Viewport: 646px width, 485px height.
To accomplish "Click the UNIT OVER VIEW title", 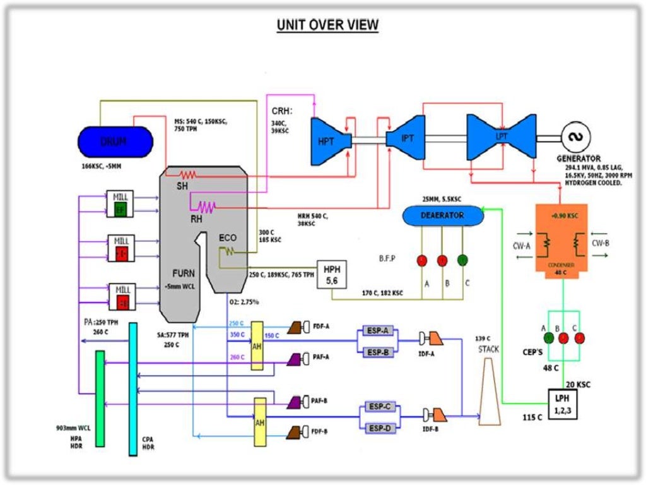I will [327, 25].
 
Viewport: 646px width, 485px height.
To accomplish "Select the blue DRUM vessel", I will [114, 142].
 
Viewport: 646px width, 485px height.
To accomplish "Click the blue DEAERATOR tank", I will [443, 216].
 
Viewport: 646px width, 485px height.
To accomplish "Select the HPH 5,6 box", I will [332, 273].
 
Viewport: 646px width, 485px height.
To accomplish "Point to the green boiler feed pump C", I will [463, 260].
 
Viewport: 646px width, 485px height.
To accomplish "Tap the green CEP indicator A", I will [549, 337].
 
